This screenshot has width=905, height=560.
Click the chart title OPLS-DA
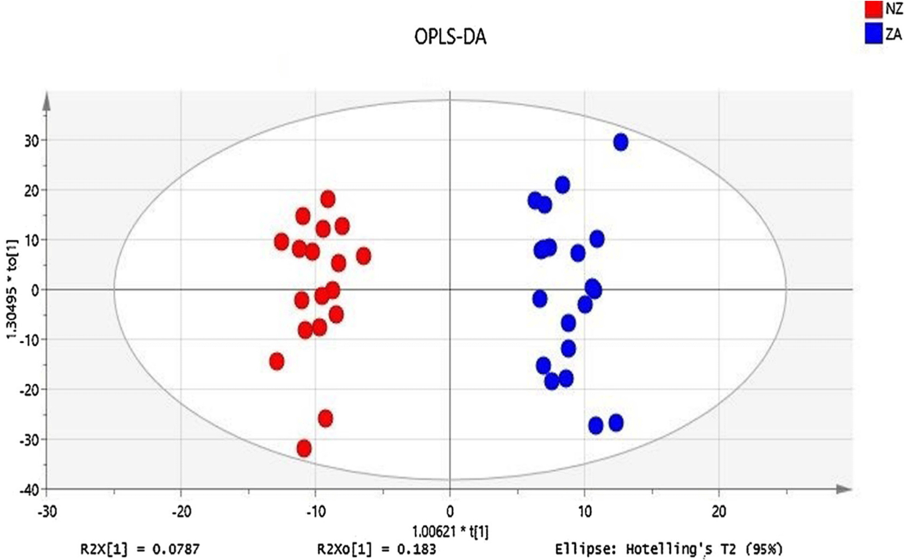click(450, 37)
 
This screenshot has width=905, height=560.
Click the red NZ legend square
click(873, 9)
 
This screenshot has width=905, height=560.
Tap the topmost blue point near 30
click(620, 142)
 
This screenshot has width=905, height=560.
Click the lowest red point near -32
click(304, 448)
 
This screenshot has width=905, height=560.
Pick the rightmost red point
click(363, 256)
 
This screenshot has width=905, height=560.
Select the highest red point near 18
click(328, 199)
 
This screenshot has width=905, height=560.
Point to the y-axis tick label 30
click(32, 140)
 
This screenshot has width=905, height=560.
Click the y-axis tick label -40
click(29, 490)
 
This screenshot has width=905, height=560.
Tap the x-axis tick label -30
click(47, 511)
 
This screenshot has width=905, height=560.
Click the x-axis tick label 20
click(718, 511)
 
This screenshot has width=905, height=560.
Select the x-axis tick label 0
click(450, 511)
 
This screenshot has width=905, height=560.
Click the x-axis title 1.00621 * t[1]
click(450, 531)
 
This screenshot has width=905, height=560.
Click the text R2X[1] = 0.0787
click(140, 549)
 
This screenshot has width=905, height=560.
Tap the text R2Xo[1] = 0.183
click(376, 549)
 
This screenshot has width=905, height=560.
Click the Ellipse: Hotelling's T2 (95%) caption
click(669, 549)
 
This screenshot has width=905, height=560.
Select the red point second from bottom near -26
click(325, 418)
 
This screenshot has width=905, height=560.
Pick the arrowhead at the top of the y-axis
click(47, 102)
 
